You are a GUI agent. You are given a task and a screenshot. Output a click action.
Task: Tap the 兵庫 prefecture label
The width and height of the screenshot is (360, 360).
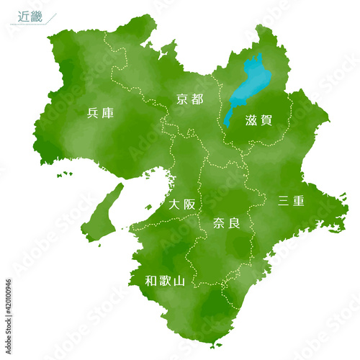tap(100, 112)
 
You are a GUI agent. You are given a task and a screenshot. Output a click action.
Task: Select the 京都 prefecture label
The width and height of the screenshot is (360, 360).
tap(190, 99)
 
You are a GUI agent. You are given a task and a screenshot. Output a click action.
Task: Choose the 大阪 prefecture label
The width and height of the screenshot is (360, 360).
tap(181, 204)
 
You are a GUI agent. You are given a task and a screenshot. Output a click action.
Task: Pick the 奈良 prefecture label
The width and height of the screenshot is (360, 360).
tap(227, 223)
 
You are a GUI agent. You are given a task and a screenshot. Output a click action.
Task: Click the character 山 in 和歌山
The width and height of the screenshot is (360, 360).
tap(179, 281)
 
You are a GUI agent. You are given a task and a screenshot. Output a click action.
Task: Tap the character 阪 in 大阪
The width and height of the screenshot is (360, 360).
tap(189, 204)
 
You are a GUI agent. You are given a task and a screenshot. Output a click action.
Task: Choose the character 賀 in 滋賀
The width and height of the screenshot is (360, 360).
tap(266, 120)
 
